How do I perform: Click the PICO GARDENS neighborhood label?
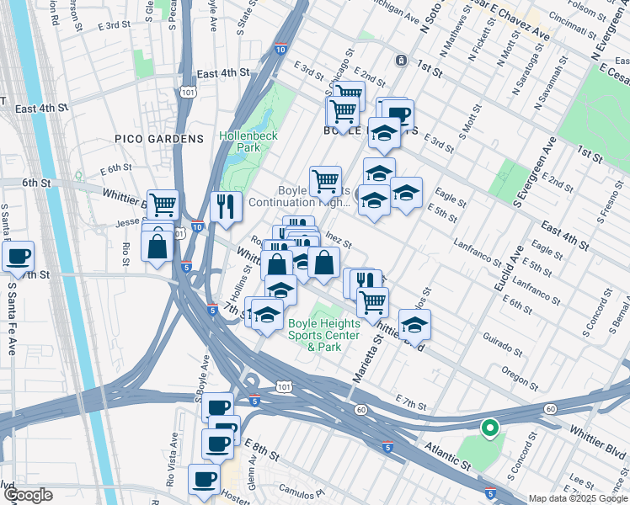point(160,138)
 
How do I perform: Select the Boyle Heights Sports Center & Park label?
point(323,335)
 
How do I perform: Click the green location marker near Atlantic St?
point(489,429)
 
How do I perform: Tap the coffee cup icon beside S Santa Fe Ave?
point(19,255)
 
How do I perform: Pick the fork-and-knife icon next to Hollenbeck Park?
point(226,205)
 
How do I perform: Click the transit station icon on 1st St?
point(401,61)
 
